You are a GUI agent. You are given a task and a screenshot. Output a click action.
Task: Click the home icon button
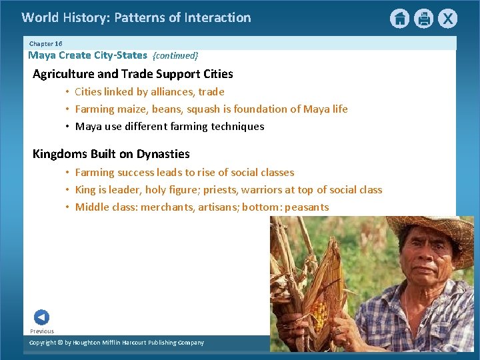pos(399,19)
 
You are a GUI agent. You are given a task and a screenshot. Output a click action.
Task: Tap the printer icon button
pos(423,19)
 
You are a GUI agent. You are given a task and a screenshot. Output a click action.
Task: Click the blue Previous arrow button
pos(41,317)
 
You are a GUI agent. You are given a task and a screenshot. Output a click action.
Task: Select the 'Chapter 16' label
pos(45,43)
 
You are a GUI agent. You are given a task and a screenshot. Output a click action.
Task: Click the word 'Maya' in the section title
pos(42,55)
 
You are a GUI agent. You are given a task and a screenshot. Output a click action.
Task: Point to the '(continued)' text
pos(175,56)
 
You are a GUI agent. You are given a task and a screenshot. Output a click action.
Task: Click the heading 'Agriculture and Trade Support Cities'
pos(133,74)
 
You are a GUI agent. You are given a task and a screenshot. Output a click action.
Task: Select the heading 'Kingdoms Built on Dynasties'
pos(111,154)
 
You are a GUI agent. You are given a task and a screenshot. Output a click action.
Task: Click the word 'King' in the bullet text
pos(85,190)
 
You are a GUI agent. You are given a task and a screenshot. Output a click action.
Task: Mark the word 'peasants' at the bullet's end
pos(307,207)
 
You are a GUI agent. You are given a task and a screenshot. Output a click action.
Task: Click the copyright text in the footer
pos(117,343)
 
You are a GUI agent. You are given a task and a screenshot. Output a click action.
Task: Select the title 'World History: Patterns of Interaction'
pos(136,18)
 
